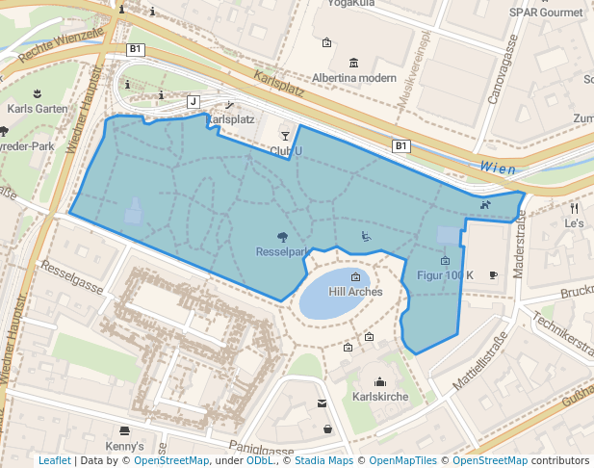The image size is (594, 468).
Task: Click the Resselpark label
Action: pyautogui.click(x=281, y=251)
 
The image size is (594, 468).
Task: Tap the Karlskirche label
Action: pyautogui.click(x=380, y=397)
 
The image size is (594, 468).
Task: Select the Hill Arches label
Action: pyautogui.click(x=355, y=292)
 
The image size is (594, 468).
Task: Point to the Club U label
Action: pyautogui.click(x=286, y=151)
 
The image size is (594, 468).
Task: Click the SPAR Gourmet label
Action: pyautogui.click(x=545, y=13)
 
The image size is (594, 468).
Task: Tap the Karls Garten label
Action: pyautogui.click(x=38, y=109)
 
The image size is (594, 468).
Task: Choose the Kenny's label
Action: pyautogui.click(x=124, y=447)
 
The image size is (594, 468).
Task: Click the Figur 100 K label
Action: pyautogui.click(x=445, y=275)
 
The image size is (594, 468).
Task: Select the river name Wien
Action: pyautogui.click(x=498, y=169)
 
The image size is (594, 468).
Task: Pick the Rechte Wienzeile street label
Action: pyautogui.click(x=60, y=43)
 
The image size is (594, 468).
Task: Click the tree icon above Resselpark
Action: pyautogui.click(x=281, y=236)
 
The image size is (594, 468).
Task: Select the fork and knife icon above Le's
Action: pyautogui.click(x=574, y=207)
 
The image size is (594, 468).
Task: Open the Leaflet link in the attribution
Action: pyautogui.click(x=54, y=460)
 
